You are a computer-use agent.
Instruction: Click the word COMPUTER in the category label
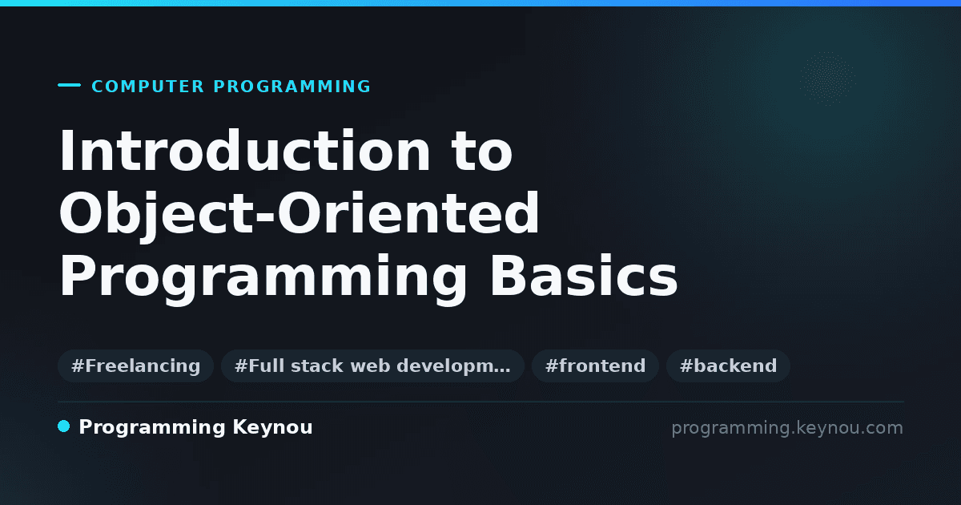point(147,87)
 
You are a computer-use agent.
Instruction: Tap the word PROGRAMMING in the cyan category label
point(292,87)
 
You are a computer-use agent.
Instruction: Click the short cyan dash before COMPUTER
point(69,85)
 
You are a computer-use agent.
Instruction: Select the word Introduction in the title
point(244,151)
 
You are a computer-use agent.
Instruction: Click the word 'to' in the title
point(482,151)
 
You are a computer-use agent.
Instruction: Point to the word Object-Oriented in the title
point(299,214)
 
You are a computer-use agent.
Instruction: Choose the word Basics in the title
point(584,276)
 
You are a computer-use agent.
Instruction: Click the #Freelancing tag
point(135,366)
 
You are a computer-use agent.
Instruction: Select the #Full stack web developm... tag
point(372,366)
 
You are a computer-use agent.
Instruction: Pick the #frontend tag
point(595,366)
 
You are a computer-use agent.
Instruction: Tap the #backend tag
point(728,366)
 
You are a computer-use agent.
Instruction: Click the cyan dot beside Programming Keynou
point(63,426)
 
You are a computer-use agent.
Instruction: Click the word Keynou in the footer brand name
point(272,428)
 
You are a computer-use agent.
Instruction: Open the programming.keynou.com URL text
point(787,428)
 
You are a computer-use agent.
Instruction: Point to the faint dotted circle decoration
point(827,79)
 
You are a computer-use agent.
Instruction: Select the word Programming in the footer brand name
point(152,428)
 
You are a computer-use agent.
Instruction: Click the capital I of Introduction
point(66,150)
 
